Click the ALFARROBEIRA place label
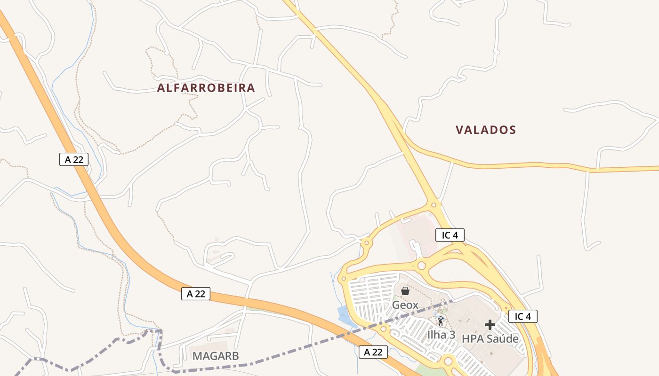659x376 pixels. click(206, 88)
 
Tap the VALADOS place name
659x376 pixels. click(486, 130)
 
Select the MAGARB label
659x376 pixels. click(216, 356)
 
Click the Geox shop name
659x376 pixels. click(405, 305)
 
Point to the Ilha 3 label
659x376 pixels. click(441, 335)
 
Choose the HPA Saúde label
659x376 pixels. click(490, 338)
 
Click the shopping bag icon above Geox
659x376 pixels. click(405, 291)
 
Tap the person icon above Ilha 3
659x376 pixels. click(441, 321)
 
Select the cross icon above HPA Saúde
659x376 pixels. click(490, 325)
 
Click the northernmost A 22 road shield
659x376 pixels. click(74, 159)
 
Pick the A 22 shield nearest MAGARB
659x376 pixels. click(196, 294)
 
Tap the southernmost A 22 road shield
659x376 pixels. click(373, 352)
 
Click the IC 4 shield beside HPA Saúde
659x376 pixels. click(522, 316)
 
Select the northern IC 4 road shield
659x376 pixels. click(450, 235)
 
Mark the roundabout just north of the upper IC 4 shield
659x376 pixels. click(434, 205)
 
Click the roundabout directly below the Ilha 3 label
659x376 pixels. click(448, 361)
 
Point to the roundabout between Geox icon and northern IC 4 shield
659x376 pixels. click(421, 266)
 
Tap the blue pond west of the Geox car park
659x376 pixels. click(347, 315)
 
